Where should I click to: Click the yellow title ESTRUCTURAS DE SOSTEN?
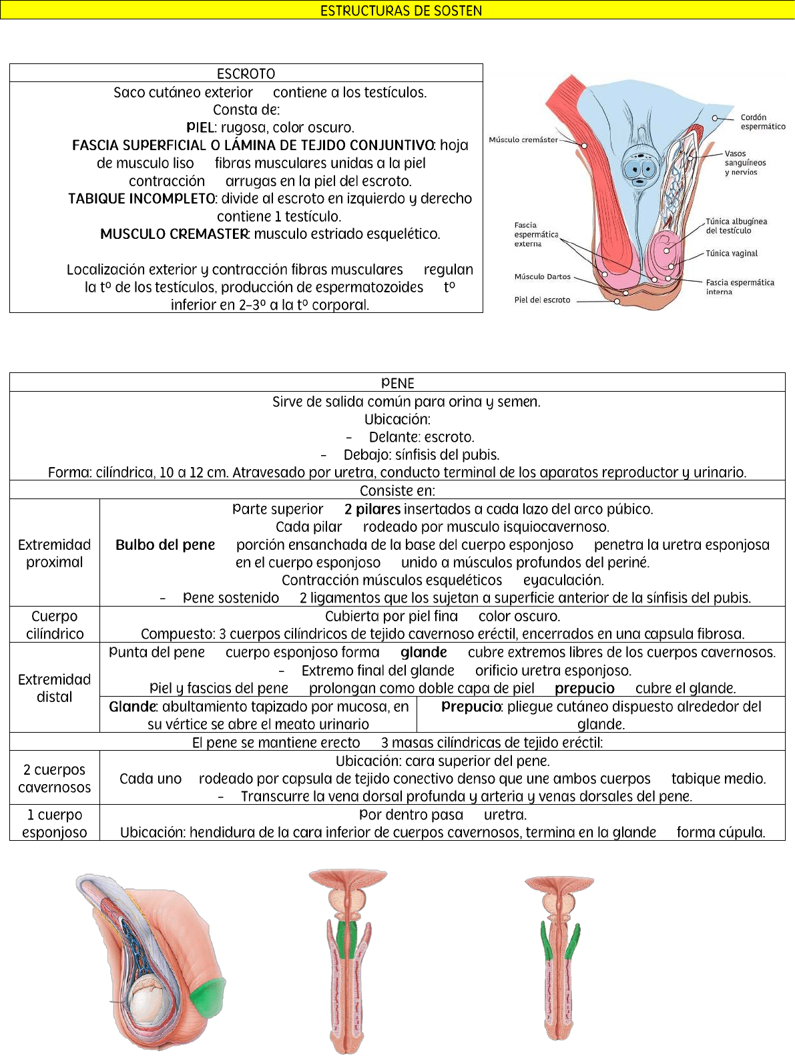click(401, 10)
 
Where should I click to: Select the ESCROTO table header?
click(246, 73)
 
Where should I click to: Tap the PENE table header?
click(397, 383)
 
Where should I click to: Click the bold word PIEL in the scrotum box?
click(200, 127)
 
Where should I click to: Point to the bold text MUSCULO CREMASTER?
click(174, 234)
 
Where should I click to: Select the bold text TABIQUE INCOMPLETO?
click(142, 199)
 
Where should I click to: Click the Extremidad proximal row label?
click(55, 553)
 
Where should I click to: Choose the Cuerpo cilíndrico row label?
click(55, 625)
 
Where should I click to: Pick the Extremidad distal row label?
click(55, 688)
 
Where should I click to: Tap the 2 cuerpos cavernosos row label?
click(55, 778)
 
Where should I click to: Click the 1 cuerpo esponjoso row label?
click(55, 823)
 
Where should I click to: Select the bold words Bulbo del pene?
click(165, 545)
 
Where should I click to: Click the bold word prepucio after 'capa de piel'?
click(584, 689)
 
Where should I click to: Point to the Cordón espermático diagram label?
click(762, 122)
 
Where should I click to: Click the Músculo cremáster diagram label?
click(523, 140)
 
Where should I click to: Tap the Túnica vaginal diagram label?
click(732, 254)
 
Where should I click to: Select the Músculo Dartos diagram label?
click(542, 277)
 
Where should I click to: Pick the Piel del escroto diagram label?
click(542, 300)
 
